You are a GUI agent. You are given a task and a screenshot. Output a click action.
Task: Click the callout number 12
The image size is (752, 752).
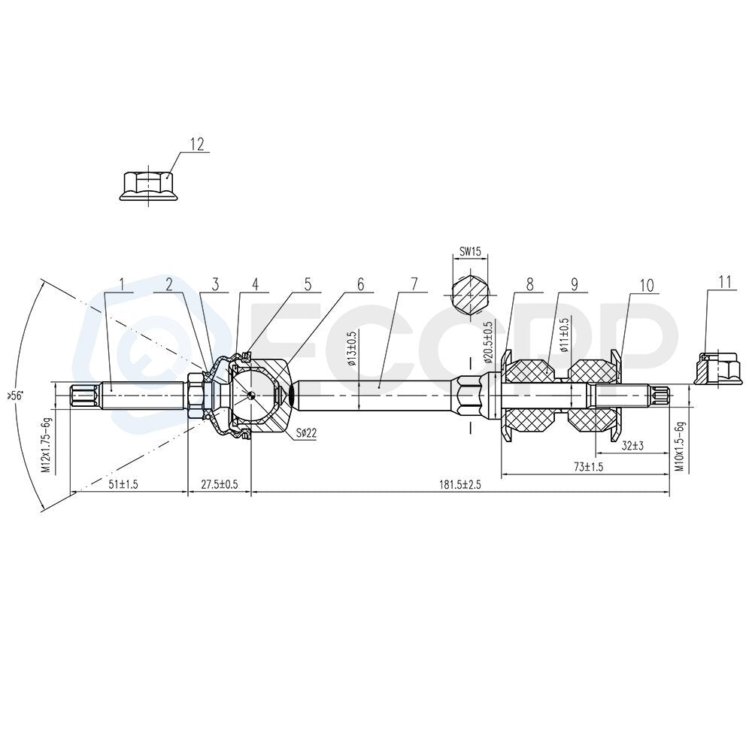(197, 144)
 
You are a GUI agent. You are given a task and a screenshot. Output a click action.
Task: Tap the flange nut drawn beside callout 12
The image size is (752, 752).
(149, 185)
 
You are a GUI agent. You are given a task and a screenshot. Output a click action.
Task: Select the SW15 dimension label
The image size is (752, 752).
(470, 251)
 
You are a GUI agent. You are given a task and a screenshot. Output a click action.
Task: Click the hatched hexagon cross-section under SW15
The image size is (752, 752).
(470, 294)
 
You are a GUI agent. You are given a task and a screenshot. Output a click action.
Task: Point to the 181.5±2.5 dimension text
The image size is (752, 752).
(460, 484)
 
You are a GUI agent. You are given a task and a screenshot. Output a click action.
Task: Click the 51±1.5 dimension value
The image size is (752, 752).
(123, 484)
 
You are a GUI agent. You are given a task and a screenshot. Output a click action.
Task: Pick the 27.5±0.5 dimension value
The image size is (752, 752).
(219, 484)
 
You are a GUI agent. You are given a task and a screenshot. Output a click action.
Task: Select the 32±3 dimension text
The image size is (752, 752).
(632, 445)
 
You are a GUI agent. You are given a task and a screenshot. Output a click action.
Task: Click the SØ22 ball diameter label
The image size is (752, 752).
(306, 433)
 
